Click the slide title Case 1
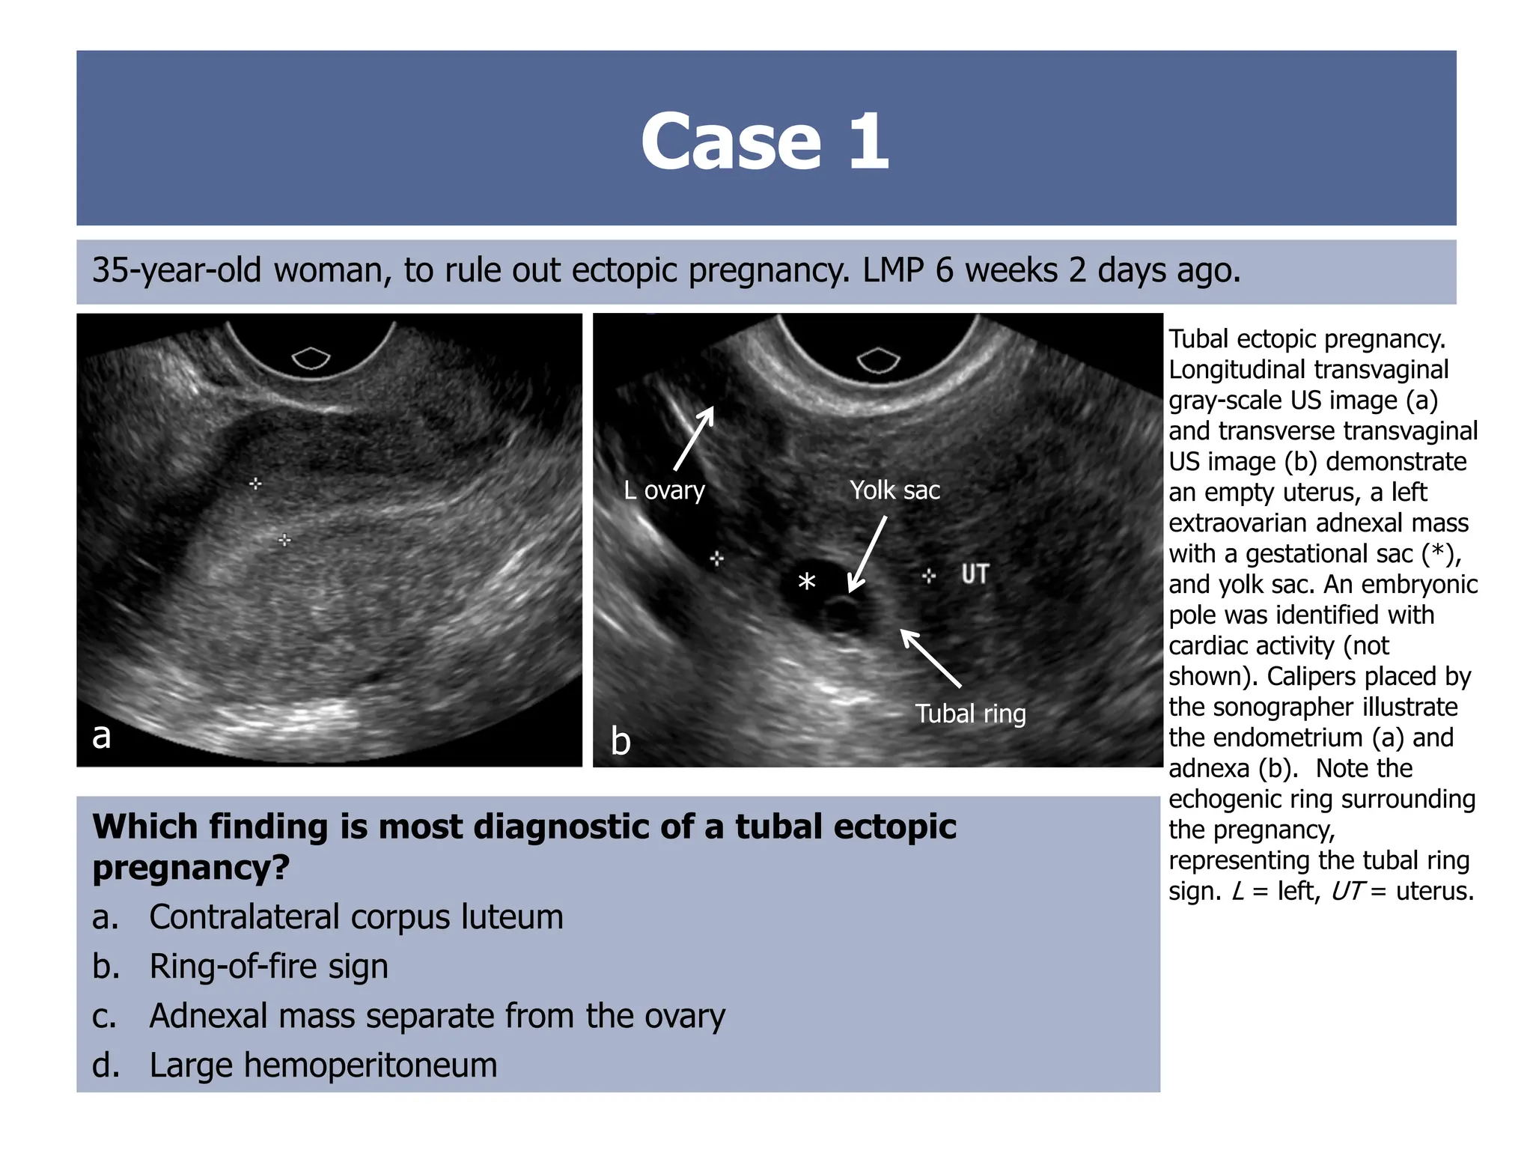tap(765, 141)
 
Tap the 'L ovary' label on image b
tap(664, 490)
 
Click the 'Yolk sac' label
tap(894, 490)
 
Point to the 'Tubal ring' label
tap(970, 714)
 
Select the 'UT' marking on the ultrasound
tap(975, 575)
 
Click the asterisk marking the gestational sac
tap(806, 582)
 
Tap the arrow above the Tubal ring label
tap(930, 658)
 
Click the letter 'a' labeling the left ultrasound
tap(101, 736)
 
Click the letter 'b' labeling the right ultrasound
tap(621, 741)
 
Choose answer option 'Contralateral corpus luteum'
tap(356, 917)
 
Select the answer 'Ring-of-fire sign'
tap(269, 967)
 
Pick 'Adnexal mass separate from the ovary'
tap(437, 1016)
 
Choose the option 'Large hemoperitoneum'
tap(323, 1065)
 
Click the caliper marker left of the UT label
tap(929, 575)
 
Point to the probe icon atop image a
tap(311, 358)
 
